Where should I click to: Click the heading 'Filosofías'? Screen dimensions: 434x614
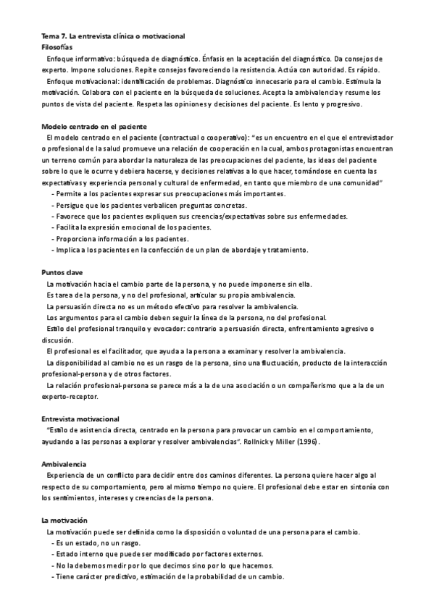[x=58, y=46]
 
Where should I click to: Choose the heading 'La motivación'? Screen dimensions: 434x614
[x=64, y=520]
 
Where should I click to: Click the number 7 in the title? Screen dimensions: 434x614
[x=62, y=35]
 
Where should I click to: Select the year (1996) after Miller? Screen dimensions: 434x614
[x=304, y=441]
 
